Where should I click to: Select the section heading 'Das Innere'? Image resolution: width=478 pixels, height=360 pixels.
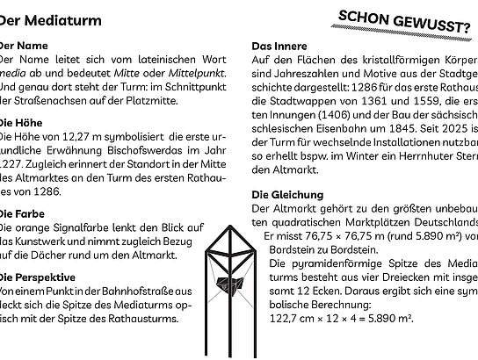[x=280, y=45]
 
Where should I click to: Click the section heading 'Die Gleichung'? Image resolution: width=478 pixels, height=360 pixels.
[x=287, y=194]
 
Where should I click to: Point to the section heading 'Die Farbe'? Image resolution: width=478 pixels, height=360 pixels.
[x=23, y=212]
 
